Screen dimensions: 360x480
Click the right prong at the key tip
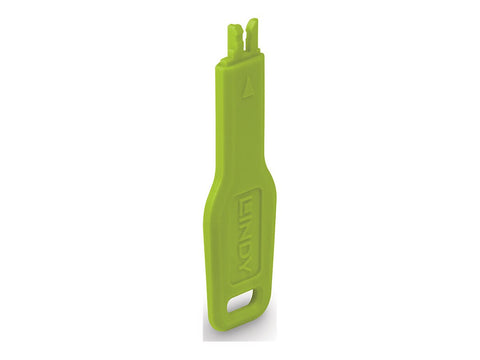click(x=252, y=37)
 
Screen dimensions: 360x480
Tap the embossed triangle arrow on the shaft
click(x=249, y=87)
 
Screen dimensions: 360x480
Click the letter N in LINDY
click(x=242, y=238)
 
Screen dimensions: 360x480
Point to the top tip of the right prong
click(x=253, y=21)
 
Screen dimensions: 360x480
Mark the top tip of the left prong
click(x=237, y=24)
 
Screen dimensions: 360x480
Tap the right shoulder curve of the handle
click(x=269, y=185)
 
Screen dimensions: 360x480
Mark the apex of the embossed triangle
click(x=250, y=80)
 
